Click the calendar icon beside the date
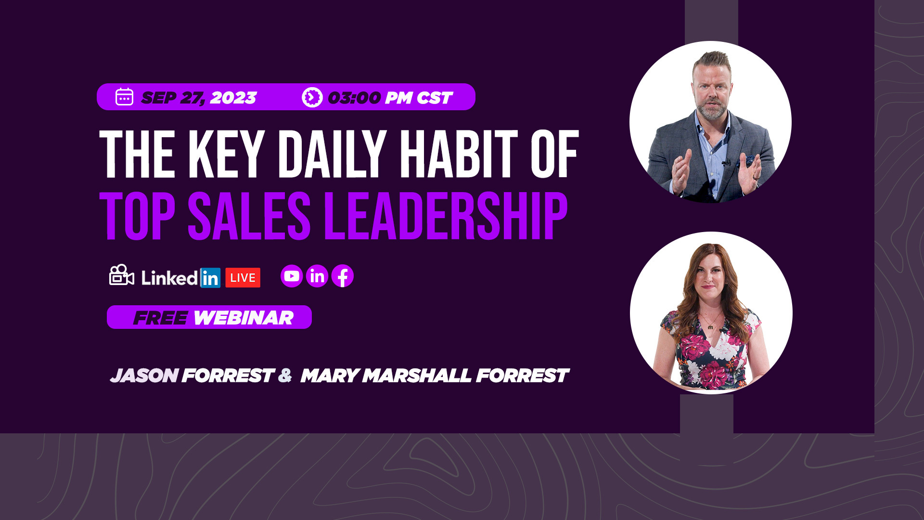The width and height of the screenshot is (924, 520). tap(124, 97)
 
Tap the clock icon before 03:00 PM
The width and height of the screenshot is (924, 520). tap(312, 97)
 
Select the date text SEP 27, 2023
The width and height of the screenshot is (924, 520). tap(199, 98)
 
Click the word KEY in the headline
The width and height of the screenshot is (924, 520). tap(226, 155)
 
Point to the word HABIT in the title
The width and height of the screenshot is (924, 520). tap(459, 155)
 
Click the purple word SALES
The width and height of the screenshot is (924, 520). tap(249, 216)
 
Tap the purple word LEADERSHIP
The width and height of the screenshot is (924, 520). tap(446, 216)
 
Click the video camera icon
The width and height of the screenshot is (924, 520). tap(121, 275)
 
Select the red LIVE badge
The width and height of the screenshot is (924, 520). tap(243, 278)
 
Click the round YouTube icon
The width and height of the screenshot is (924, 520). tap(292, 276)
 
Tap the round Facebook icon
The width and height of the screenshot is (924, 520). tap(343, 276)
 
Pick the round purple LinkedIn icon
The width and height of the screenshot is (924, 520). tap(317, 276)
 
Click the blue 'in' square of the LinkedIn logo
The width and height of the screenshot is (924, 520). tap(210, 278)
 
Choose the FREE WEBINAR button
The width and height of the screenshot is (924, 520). tap(209, 317)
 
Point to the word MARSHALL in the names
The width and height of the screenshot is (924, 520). tap(417, 376)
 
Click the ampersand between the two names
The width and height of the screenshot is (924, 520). tap(285, 375)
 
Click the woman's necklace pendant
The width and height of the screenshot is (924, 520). tap(710, 327)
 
